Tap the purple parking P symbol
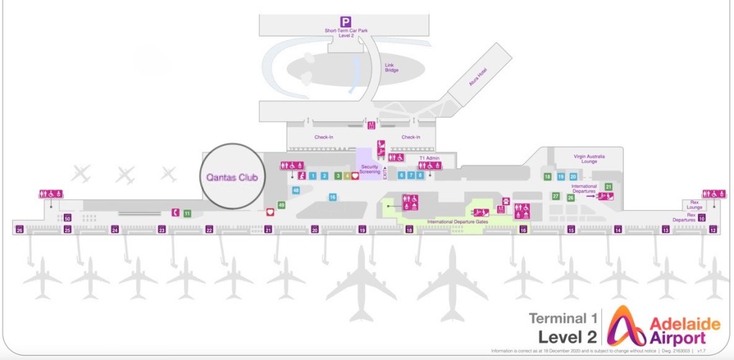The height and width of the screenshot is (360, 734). click(x=346, y=22)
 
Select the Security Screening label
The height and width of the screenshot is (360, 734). click(x=369, y=169)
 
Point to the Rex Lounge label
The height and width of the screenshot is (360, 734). click(x=694, y=205)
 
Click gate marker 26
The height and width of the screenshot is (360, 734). click(x=19, y=230)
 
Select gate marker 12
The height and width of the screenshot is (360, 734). click(x=712, y=230)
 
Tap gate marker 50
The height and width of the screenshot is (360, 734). click(x=67, y=218)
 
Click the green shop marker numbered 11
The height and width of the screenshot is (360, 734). click(x=187, y=213)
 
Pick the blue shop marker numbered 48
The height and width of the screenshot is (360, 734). click(x=296, y=191)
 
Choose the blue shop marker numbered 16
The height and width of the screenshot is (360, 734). click(x=333, y=196)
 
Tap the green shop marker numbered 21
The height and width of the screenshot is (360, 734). click(x=609, y=186)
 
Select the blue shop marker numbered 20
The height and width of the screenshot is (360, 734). click(x=573, y=176)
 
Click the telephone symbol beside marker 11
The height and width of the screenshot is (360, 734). click(x=175, y=212)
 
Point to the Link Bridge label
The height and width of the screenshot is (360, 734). click(x=390, y=67)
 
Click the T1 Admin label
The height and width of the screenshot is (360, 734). click(x=429, y=158)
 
